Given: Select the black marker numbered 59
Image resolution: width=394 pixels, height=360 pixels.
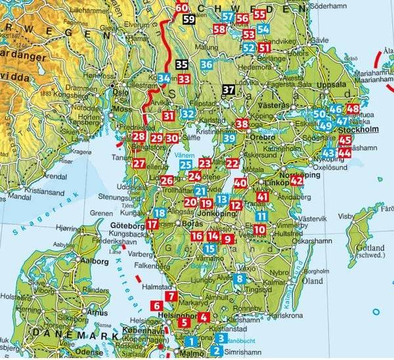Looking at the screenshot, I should [189, 19].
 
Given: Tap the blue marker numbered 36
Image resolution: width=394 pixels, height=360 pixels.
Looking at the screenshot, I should [207, 64].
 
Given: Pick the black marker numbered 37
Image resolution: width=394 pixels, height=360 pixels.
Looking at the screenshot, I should [229, 89].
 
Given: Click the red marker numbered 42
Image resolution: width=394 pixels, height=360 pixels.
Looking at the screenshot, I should [297, 180].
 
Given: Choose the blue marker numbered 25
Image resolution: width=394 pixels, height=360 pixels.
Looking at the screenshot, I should [186, 164].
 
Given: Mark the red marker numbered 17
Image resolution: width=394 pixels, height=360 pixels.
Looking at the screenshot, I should [152, 225].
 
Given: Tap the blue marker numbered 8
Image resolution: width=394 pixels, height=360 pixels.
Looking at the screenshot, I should [240, 278].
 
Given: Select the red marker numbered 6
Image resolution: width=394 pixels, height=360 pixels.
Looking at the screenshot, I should [156, 305].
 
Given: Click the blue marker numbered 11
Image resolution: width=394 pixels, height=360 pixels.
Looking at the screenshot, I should [261, 216].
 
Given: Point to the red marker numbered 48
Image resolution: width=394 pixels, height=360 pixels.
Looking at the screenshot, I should [353, 109].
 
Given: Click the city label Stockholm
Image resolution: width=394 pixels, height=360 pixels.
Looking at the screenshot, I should [358, 129].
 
